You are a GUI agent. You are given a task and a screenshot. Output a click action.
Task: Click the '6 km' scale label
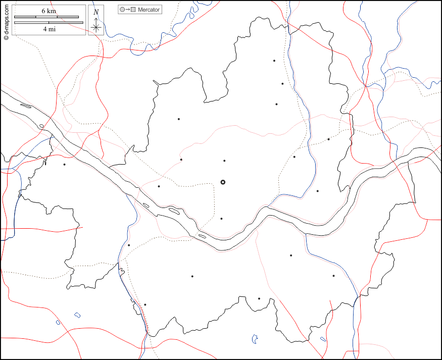tap(48, 11)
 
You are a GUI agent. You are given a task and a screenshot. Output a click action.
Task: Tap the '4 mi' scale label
tap(48, 29)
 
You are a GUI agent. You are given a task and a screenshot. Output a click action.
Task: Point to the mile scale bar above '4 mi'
tap(48, 22)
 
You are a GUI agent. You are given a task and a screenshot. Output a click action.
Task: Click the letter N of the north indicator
tap(96, 12)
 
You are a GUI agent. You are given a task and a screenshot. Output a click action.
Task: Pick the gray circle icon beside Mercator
tap(122, 10)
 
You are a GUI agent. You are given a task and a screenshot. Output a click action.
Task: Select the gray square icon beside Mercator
tap(133, 10)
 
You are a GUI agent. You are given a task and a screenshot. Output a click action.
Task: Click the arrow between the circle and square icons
tap(128, 10)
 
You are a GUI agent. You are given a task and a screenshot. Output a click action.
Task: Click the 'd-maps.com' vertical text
tap(6, 20)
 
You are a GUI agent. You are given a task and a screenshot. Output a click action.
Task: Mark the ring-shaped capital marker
tap(223, 182)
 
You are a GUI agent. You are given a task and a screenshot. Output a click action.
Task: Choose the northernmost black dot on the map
tap(274, 61)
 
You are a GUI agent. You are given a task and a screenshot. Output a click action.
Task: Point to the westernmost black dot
tap(64, 164)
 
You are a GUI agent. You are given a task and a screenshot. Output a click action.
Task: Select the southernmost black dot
tap(145, 304)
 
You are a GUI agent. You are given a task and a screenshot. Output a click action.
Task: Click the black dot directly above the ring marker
tap(224, 161)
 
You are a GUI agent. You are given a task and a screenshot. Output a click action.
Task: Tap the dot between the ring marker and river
tap(221, 219)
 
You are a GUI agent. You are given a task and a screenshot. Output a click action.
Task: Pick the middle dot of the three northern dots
tap(282, 84)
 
